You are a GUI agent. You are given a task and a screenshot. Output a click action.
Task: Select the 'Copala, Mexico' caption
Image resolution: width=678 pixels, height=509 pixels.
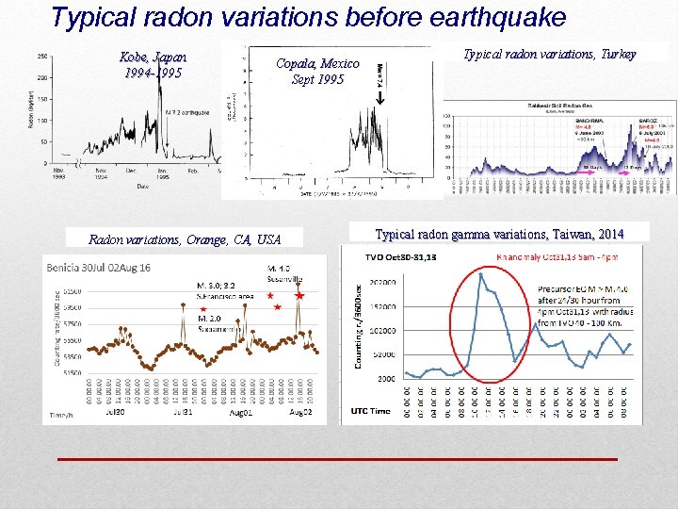317,63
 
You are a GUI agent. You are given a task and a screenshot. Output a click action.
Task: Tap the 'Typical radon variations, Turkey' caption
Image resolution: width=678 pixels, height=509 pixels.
550,54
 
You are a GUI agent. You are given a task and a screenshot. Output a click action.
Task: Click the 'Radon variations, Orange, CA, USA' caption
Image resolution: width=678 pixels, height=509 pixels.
185,238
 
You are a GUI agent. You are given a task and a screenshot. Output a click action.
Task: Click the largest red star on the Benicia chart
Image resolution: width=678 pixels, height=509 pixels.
299,296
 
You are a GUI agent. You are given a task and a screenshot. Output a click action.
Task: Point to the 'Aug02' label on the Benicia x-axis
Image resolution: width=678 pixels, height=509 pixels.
299,413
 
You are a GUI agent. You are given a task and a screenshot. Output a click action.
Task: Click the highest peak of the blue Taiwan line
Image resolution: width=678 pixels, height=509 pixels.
480,273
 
